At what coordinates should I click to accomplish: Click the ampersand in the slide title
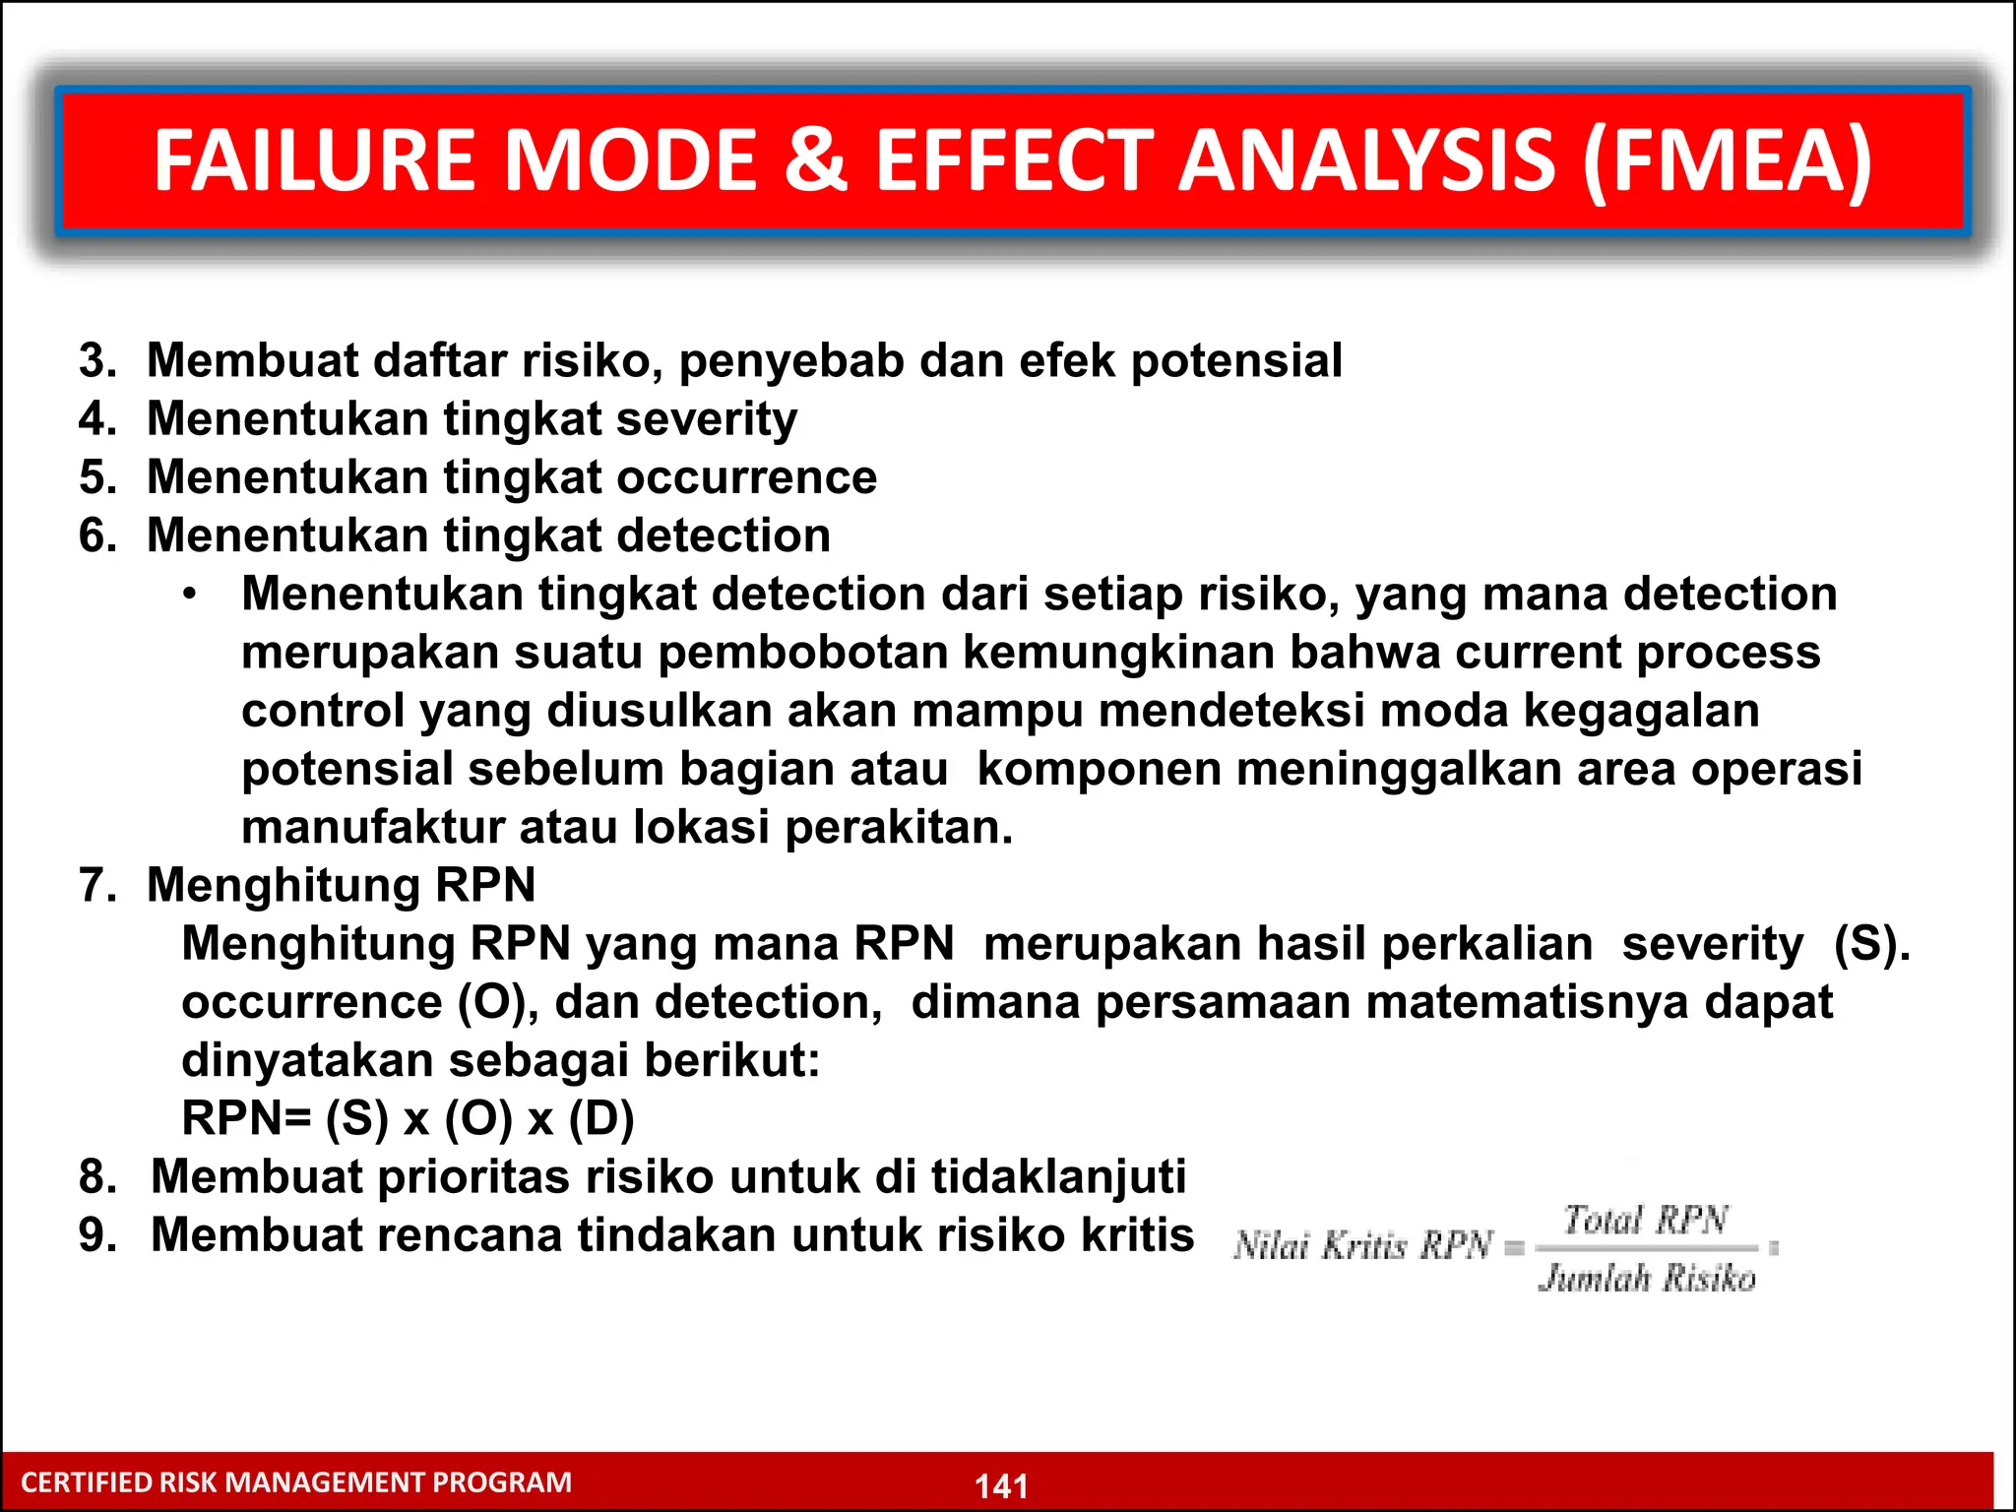click(x=815, y=160)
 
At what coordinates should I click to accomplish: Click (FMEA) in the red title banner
click(x=1728, y=160)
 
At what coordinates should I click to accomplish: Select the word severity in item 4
click(x=706, y=419)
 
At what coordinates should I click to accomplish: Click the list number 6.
click(x=97, y=535)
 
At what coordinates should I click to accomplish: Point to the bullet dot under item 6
click(x=190, y=595)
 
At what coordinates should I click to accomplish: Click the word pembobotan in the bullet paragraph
click(x=802, y=653)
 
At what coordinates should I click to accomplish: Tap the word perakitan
click(x=898, y=827)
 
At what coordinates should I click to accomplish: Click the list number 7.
click(x=97, y=885)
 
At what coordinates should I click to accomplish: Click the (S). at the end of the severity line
click(x=1871, y=944)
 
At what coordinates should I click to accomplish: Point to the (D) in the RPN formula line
click(x=601, y=1118)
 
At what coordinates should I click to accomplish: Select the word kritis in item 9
click(x=1137, y=1235)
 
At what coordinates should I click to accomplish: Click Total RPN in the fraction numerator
click(x=1646, y=1221)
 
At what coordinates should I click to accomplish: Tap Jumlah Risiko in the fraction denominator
click(x=1647, y=1278)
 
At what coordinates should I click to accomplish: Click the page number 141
click(x=1001, y=1485)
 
